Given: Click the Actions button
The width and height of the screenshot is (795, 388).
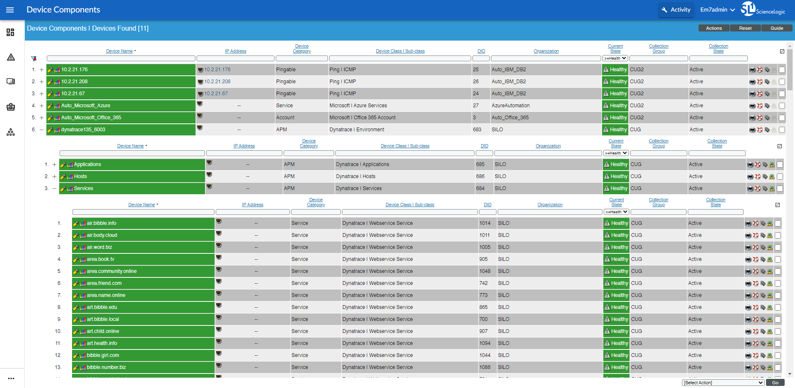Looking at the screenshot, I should point(714,28).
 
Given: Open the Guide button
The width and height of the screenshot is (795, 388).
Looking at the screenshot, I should point(776,28).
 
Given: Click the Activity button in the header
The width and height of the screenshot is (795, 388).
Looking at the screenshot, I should point(676,10).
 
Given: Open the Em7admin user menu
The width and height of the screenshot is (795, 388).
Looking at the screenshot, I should point(717,10).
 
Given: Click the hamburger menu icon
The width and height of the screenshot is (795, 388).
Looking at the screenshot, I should point(10,10).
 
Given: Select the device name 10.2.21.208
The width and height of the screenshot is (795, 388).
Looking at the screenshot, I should point(75,82).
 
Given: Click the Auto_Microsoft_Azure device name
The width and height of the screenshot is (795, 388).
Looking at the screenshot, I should point(86,106).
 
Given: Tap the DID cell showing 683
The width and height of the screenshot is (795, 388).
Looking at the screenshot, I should point(477,130).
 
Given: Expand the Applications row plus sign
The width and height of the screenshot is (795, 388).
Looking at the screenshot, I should point(54,164).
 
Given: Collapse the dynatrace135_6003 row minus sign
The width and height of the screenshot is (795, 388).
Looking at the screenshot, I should point(41,130).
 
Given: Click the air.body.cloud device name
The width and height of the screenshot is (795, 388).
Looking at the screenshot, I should point(102,235).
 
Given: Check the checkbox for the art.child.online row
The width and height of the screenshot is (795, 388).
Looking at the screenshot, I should point(778,332).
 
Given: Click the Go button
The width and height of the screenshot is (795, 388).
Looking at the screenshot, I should point(775,383).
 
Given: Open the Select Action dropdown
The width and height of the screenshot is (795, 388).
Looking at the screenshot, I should point(723,383).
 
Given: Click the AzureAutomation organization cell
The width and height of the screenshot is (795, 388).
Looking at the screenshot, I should point(511,106).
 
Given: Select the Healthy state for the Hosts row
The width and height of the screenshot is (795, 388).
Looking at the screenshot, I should point(616,176).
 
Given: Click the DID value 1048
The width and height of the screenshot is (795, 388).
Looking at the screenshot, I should point(485,271).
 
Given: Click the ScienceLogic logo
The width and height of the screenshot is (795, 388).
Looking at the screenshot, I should point(763,9).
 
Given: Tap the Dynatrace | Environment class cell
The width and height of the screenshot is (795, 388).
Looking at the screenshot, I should point(357,130).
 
